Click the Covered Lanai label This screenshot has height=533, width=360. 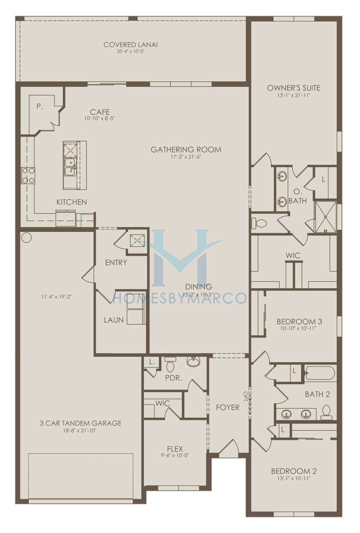point(131,45)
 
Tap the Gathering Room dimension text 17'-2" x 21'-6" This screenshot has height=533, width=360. point(186,157)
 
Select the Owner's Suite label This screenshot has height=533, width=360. point(294,88)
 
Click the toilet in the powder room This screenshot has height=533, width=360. point(170,364)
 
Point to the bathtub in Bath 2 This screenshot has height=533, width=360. point(320,373)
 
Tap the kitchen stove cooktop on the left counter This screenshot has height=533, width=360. point(28,176)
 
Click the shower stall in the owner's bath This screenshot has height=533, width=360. point(325,216)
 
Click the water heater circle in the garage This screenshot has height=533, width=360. point(26,237)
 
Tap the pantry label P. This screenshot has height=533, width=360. point(40,107)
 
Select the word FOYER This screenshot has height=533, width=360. point(228,407)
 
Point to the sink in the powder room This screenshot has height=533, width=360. point(194,361)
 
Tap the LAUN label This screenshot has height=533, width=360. point(113,320)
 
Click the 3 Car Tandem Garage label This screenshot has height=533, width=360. point(80,423)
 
